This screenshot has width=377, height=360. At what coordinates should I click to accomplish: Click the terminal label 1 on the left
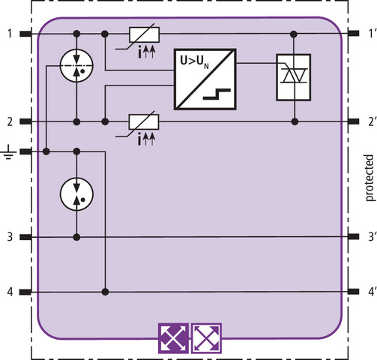pyautogui.click(x=10, y=34)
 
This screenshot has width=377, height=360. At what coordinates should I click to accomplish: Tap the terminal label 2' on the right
pyautogui.click(x=372, y=121)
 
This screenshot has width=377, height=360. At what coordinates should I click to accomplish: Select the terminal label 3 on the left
pyautogui.click(x=10, y=237)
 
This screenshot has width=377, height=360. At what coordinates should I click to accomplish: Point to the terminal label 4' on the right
pyautogui.click(x=372, y=292)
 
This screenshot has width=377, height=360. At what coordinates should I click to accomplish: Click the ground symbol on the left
pyautogui.click(x=8, y=152)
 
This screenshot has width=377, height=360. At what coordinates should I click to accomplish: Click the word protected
pyautogui.click(x=370, y=178)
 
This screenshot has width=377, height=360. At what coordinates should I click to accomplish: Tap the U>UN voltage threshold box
pyautogui.click(x=205, y=79)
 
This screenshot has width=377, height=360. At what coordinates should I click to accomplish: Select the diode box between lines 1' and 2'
pyautogui.click(x=293, y=77)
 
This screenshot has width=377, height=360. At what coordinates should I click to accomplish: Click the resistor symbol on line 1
pyautogui.click(x=144, y=34)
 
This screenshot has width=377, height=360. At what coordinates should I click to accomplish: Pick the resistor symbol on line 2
pyautogui.click(x=144, y=122)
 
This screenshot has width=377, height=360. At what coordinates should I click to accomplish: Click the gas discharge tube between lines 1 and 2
pyautogui.click(x=76, y=66)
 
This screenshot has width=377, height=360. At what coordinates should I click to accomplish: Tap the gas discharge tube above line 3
pyautogui.click(x=76, y=193)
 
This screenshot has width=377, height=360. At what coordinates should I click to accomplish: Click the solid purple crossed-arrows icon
pyautogui.click(x=173, y=338)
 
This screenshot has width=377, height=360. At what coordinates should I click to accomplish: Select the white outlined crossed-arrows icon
pyautogui.click(x=207, y=338)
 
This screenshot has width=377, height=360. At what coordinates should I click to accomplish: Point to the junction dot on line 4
pyautogui.click(x=106, y=292)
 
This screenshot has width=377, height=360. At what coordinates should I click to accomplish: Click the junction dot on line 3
pyautogui.click(x=77, y=237)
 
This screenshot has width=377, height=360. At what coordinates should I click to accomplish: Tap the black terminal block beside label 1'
pyautogui.click(x=354, y=33)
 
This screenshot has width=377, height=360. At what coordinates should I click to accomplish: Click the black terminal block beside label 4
pyautogui.click(x=25, y=292)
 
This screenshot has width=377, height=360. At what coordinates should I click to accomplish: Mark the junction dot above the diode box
pyautogui.click(x=294, y=34)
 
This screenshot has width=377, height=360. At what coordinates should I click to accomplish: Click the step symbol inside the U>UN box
pyautogui.click(x=217, y=94)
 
